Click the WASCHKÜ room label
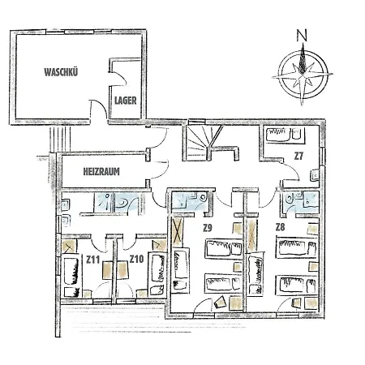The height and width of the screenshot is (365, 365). click(x=61, y=72)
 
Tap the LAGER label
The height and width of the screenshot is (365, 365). click(x=126, y=101)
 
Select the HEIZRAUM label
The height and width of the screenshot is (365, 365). click(x=101, y=172)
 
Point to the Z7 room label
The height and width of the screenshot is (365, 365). click(x=298, y=156)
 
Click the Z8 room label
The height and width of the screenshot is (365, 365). click(x=280, y=227)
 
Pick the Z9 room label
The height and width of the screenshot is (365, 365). click(x=208, y=228)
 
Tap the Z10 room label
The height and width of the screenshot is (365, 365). click(x=136, y=260)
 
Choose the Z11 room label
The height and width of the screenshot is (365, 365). click(x=93, y=260)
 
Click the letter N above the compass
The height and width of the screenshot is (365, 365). click(x=302, y=36)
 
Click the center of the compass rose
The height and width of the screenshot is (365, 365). click(x=303, y=75)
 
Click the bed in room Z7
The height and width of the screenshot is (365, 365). click(x=286, y=135)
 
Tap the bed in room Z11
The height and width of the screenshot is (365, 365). click(x=72, y=275)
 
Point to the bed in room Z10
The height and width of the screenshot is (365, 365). click(x=157, y=273)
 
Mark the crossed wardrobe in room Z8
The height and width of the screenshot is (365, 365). click(x=252, y=235)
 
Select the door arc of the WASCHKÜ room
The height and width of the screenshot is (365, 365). click(x=100, y=108)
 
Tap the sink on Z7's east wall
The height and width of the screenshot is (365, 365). click(x=316, y=175)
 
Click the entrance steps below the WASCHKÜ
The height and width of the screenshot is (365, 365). click(x=60, y=139)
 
